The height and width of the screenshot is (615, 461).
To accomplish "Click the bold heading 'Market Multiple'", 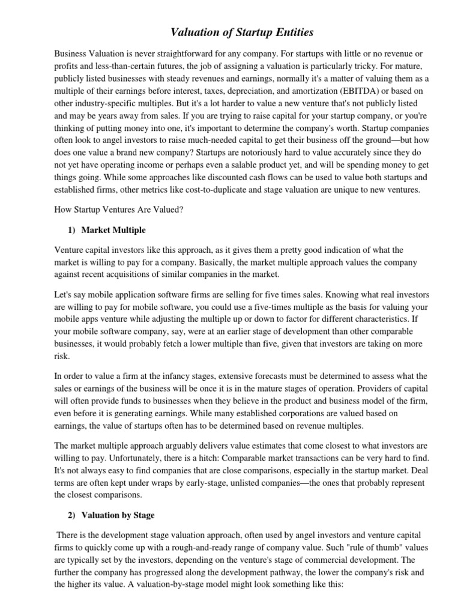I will click(x=113, y=230).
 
